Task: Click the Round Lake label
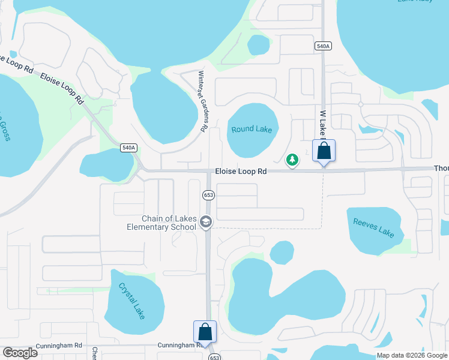[252, 130]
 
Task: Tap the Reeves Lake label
[373, 227]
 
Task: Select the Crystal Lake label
[132, 300]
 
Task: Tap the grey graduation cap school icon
[206, 223]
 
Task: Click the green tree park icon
[292, 160]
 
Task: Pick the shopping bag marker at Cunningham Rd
[205, 332]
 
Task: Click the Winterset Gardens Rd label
[203, 102]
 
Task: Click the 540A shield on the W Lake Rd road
[323, 46]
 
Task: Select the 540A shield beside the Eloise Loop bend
[128, 148]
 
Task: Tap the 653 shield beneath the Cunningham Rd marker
[214, 356]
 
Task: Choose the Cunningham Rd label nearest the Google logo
[58, 345]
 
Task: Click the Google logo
[20, 353]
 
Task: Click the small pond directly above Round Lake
[259, 45]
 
